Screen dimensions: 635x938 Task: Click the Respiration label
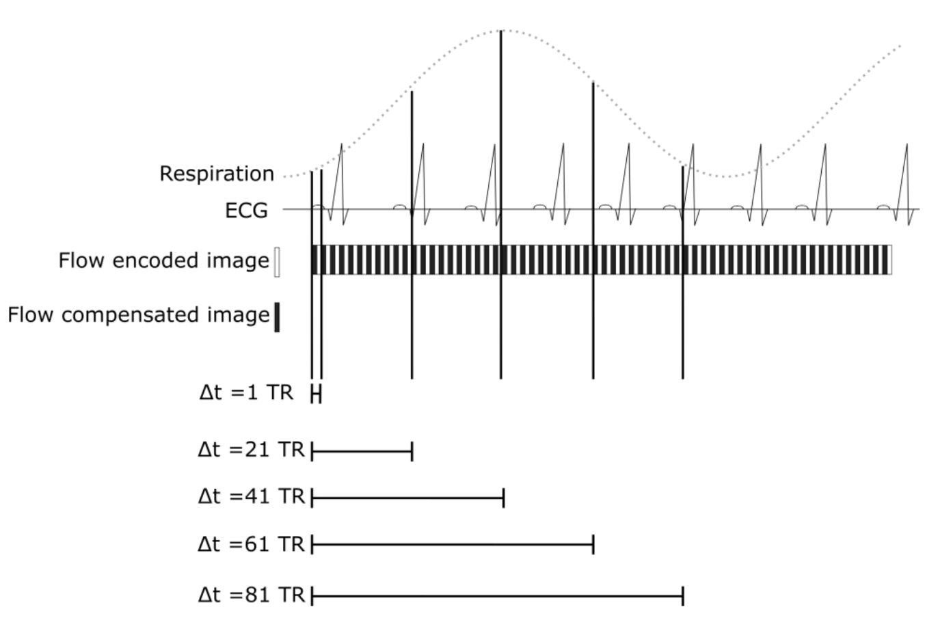[x=216, y=174]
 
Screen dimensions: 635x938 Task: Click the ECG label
[x=246, y=210]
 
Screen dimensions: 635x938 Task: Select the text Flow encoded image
[x=163, y=260]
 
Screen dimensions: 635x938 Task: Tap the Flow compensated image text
[x=139, y=314]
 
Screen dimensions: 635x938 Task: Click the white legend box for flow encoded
[x=277, y=262]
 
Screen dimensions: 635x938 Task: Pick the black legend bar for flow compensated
[x=277, y=317]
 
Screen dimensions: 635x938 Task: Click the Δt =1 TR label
[x=246, y=392]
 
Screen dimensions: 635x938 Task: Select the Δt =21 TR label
[x=251, y=450]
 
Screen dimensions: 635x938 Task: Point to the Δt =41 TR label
[x=251, y=496]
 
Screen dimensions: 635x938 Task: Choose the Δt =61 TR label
[x=251, y=544]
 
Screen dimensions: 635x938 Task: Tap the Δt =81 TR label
[x=251, y=595]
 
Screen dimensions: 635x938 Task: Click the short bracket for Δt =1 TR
[x=316, y=394]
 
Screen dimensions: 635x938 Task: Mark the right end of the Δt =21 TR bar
[x=412, y=451]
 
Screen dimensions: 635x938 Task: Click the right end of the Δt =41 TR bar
[x=503, y=498]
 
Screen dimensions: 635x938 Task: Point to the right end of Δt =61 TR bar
[x=593, y=545]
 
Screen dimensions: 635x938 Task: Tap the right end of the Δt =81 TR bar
[x=682, y=596]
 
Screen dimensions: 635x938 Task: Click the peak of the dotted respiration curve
[x=502, y=30]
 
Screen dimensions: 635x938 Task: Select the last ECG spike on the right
[x=907, y=147]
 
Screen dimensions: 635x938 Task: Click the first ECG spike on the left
[x=340, y=147]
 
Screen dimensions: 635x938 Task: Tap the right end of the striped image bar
[x=889, y=260]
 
